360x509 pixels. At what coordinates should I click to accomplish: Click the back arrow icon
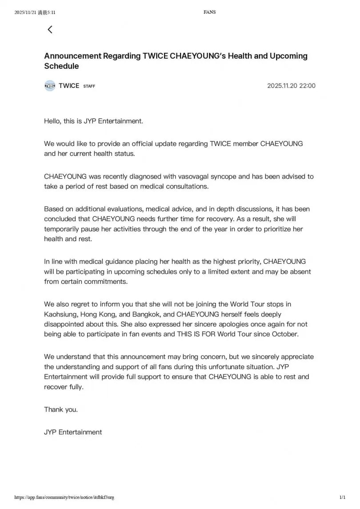(50, 29)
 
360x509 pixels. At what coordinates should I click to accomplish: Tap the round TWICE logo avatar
(50, 86)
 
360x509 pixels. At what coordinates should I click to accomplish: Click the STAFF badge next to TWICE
(89, 86)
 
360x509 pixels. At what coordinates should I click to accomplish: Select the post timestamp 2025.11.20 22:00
(291, 86)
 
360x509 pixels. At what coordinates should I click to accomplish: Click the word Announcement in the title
(72, 56)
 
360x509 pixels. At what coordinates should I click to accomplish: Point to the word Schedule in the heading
(61, 66)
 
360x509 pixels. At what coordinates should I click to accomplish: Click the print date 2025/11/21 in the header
(26, 12)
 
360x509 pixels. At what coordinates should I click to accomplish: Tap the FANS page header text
(209, 12)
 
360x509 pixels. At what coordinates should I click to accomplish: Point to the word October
(284, 334)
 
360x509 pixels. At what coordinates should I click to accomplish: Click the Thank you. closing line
(61, 410)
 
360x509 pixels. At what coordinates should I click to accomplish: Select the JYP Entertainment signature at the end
(73, 432)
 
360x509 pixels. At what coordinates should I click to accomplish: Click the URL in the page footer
(64, 497)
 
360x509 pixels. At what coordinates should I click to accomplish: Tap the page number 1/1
(342, 497)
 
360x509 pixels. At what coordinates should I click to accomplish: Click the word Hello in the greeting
(52, 121)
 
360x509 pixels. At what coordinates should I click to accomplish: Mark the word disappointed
(66, 324)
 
